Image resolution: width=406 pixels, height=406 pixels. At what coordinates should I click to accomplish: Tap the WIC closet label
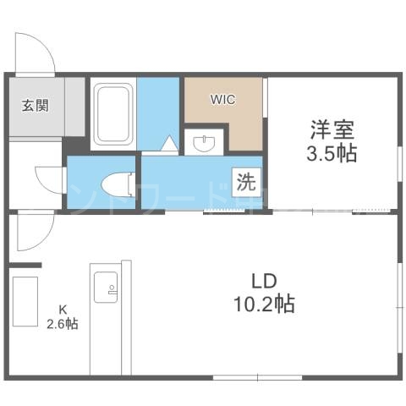pos(223,99)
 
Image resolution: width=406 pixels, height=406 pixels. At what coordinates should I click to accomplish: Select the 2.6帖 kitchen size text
pos(62,324)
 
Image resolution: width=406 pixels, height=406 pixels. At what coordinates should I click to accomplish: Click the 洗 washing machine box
pos(245,181)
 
